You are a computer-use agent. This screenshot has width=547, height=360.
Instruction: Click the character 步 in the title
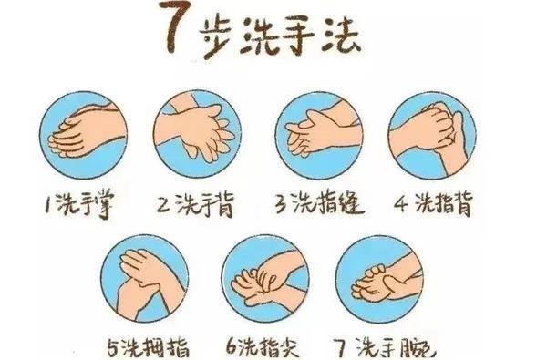tap(217, 38)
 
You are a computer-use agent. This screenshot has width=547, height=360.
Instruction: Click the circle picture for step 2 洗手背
tap(197, 134)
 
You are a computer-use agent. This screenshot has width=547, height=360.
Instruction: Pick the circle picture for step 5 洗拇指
tap(144, 278)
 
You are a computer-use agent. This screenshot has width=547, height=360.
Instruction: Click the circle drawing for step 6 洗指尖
tap(265, 278)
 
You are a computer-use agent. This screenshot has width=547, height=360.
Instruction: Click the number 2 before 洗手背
tap(163, 204)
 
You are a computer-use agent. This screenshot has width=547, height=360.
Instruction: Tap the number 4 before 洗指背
tap(401, 203)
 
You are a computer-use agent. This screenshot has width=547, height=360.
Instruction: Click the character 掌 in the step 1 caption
tap(104, 206)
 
